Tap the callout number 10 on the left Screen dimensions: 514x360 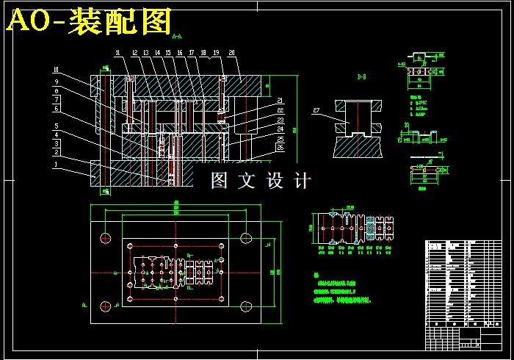[54, 71]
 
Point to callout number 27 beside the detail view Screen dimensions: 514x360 [316, 111]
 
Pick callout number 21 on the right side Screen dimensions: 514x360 [280, 101]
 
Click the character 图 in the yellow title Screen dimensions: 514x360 [153, 22]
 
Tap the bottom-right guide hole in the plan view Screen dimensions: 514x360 [245, 306]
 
